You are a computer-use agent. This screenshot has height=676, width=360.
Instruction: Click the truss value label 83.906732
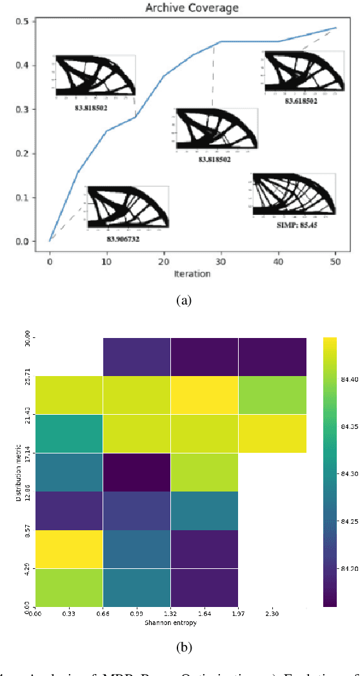[x=123, y=238]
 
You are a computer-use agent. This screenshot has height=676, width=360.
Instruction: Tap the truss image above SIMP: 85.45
[x=295, y=194]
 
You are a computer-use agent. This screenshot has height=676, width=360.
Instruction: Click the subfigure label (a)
[x=179, y=299]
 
